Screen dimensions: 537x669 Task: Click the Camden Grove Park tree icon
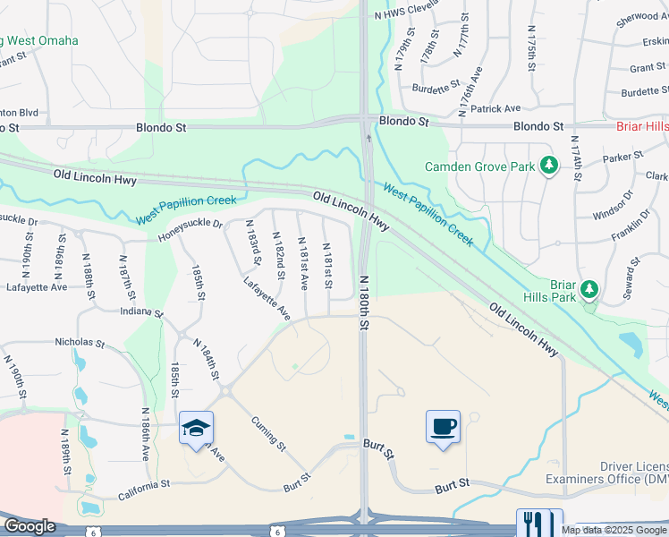click(549, 166)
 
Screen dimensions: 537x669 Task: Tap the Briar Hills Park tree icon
click(589, 289)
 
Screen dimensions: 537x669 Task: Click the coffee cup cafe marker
click(443, 426)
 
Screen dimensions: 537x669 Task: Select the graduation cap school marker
click(196, 428)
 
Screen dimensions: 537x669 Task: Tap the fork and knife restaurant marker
click(540, 523)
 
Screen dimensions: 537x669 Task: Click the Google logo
click(30, 526)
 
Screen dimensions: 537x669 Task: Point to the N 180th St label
click(364, 303)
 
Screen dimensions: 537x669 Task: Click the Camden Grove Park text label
click(478, 166)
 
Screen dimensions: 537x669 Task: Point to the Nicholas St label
click(80, 341)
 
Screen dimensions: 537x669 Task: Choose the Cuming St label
click(267, 433)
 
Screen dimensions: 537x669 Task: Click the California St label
click(144, 484)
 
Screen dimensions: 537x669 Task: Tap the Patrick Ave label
click(495, 108)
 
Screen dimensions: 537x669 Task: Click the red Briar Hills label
click(642, 126)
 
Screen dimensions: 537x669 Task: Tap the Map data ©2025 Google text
click(614, 530)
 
